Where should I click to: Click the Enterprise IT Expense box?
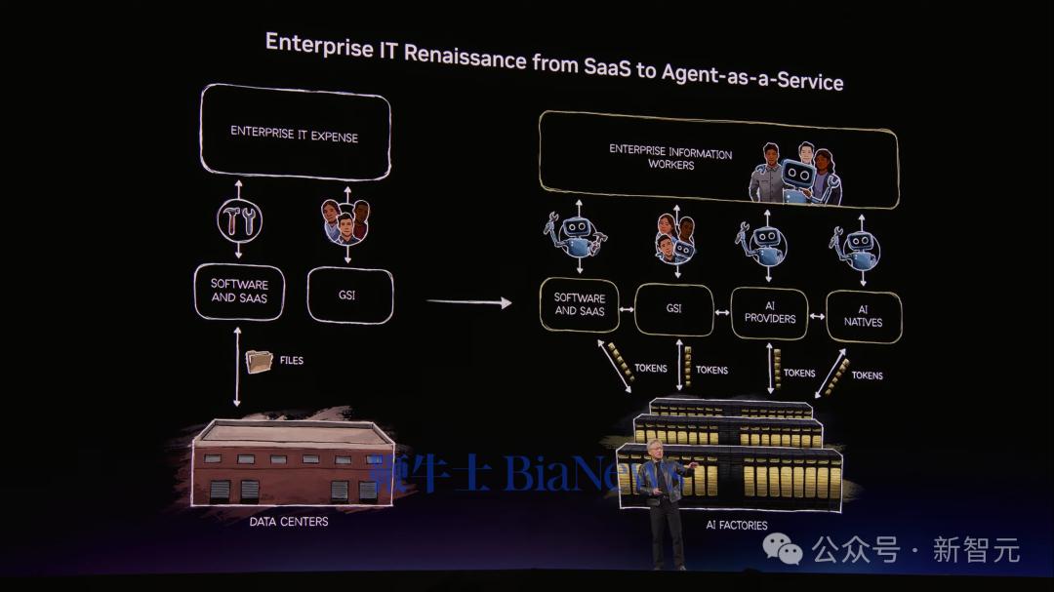click(x=295, y=134)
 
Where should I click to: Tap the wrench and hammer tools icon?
click(x=239, y=222)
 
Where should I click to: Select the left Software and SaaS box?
click(x=239, y=291)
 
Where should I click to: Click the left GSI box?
click(x=349, y=294)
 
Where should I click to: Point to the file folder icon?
click(x=260, y=362)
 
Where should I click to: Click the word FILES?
click(x=291, y=361)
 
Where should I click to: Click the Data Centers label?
click(x=288, y=522)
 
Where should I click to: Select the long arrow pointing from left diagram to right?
click(x=468, y=302)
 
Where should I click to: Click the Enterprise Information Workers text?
click(x=670, y=158)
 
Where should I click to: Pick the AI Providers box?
click(x=769, y=313)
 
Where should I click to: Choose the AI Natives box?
click(x=864, y=316)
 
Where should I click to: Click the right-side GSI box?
click(x=673, y=309)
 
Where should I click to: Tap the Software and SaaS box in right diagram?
click(x=579, y=304)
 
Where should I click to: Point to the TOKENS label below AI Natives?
click(x=867, y=375)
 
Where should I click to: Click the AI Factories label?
click(x=736, y=525)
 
